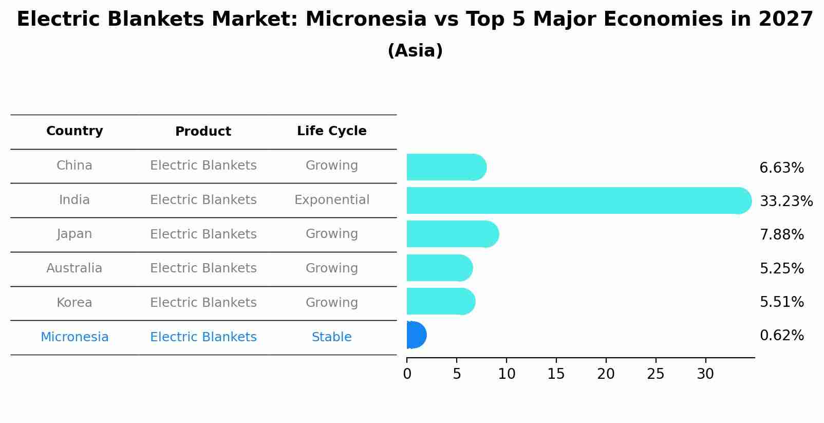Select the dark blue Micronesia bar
pos(416,335)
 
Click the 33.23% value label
pos(786,201)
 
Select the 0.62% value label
pos(781,336)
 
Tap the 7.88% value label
pos(781,235)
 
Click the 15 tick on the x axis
pos(556,374)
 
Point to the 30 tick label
pos(705,374)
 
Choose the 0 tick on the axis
pos(407,374)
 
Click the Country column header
pos(74,131)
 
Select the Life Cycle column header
pos(331,131)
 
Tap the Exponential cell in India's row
pos(331,200)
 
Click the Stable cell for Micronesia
pos(331,337)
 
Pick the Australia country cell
pos(74,268)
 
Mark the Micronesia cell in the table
pos(74,337)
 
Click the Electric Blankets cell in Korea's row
pos(203,303)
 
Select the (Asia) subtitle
pos(415,51)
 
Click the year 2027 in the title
pos(785,20)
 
